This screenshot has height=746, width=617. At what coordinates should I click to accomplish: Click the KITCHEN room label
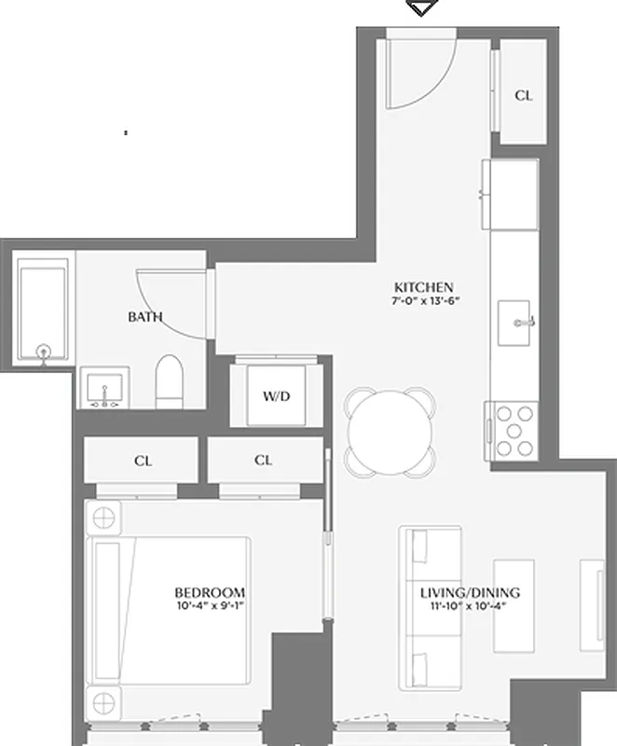pos(423,287)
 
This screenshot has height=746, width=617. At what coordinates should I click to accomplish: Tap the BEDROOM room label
pos(210,592)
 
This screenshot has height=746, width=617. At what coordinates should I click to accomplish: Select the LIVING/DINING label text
pos(470,592)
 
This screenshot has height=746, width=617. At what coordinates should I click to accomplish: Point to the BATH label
pos(144,317)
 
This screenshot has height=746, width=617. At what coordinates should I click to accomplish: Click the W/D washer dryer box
pos(276,395)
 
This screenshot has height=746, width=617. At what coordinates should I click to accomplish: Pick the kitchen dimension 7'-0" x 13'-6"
pos(427,301)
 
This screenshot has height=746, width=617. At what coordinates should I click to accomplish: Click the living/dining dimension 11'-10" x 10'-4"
pos(470,605)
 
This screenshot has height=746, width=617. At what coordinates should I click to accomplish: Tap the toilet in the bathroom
pos(170,382)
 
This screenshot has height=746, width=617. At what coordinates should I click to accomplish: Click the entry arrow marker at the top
pos(423,7)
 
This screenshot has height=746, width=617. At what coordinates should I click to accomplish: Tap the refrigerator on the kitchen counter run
pos(510,194)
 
